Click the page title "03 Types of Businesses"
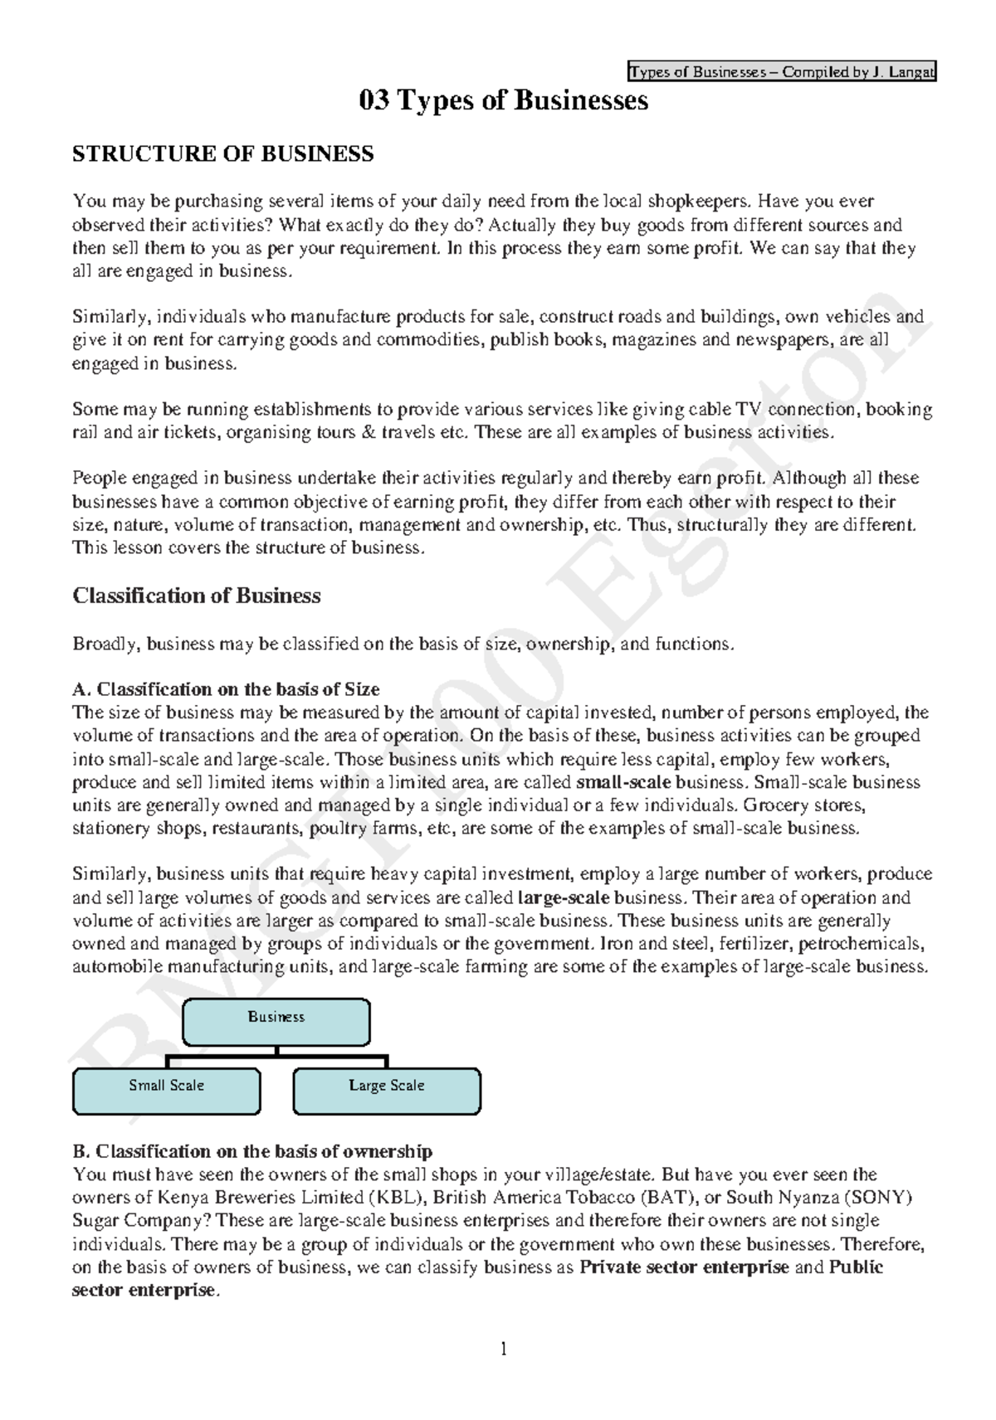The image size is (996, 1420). click(503, 101)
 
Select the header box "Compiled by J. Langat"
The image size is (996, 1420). click(782, 72)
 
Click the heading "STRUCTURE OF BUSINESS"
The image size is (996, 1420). click(223, 154)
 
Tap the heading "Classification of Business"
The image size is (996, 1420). click(197, 596)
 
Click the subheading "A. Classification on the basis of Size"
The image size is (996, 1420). click(226, 689)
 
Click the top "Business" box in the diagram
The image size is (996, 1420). click(276, 1022)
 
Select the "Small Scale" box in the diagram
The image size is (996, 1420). click(166, 1090)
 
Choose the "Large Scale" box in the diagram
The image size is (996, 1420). click(387, 1090)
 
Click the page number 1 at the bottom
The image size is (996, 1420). click(503, 1349)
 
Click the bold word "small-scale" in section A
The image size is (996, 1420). click(623, 782)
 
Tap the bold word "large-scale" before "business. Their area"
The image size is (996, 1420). click(564, 897)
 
